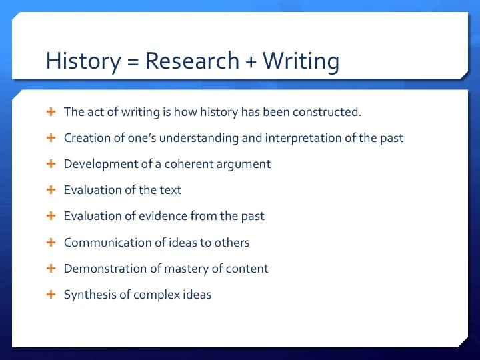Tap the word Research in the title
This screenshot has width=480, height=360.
click(x=192, y=62)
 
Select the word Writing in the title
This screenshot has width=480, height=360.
click(x=301, y=62)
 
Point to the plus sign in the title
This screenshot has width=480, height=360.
click(x=251, y=62)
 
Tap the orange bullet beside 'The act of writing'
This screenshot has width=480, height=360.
click(x=51, y=112)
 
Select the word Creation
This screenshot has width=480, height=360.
click(x=85, y=138)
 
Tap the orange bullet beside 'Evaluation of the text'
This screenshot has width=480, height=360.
click(x=51, y=190)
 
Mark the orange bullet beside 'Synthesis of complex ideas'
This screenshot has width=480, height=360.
click(x=51, y=294)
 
